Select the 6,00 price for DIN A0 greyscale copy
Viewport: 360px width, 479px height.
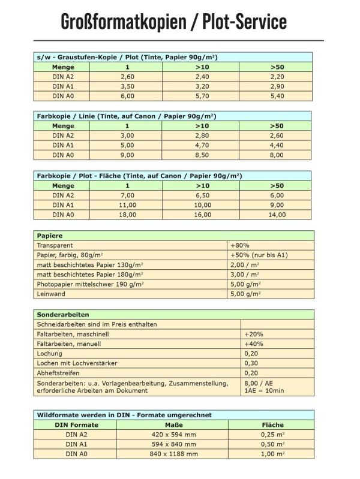pos(127,96)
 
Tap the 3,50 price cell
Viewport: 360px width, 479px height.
pos(127,86)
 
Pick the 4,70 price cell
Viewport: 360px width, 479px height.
pos(202,145)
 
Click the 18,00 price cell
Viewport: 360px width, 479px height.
pos(127,214)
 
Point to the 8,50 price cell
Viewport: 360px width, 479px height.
pos(202,155)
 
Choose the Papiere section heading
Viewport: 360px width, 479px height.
pos(50,236)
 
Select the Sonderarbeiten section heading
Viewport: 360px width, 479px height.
pos(63,315)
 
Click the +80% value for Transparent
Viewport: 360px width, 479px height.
pos(240,246)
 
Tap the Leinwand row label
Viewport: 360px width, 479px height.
pos(51,294)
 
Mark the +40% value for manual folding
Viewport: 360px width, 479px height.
pos(254,344)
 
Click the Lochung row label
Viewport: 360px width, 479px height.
pos(50,354)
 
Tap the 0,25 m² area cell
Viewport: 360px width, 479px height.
pos(273,435)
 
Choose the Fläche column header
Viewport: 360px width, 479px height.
pos(273,425)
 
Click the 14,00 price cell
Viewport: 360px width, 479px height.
pos(277,214)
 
